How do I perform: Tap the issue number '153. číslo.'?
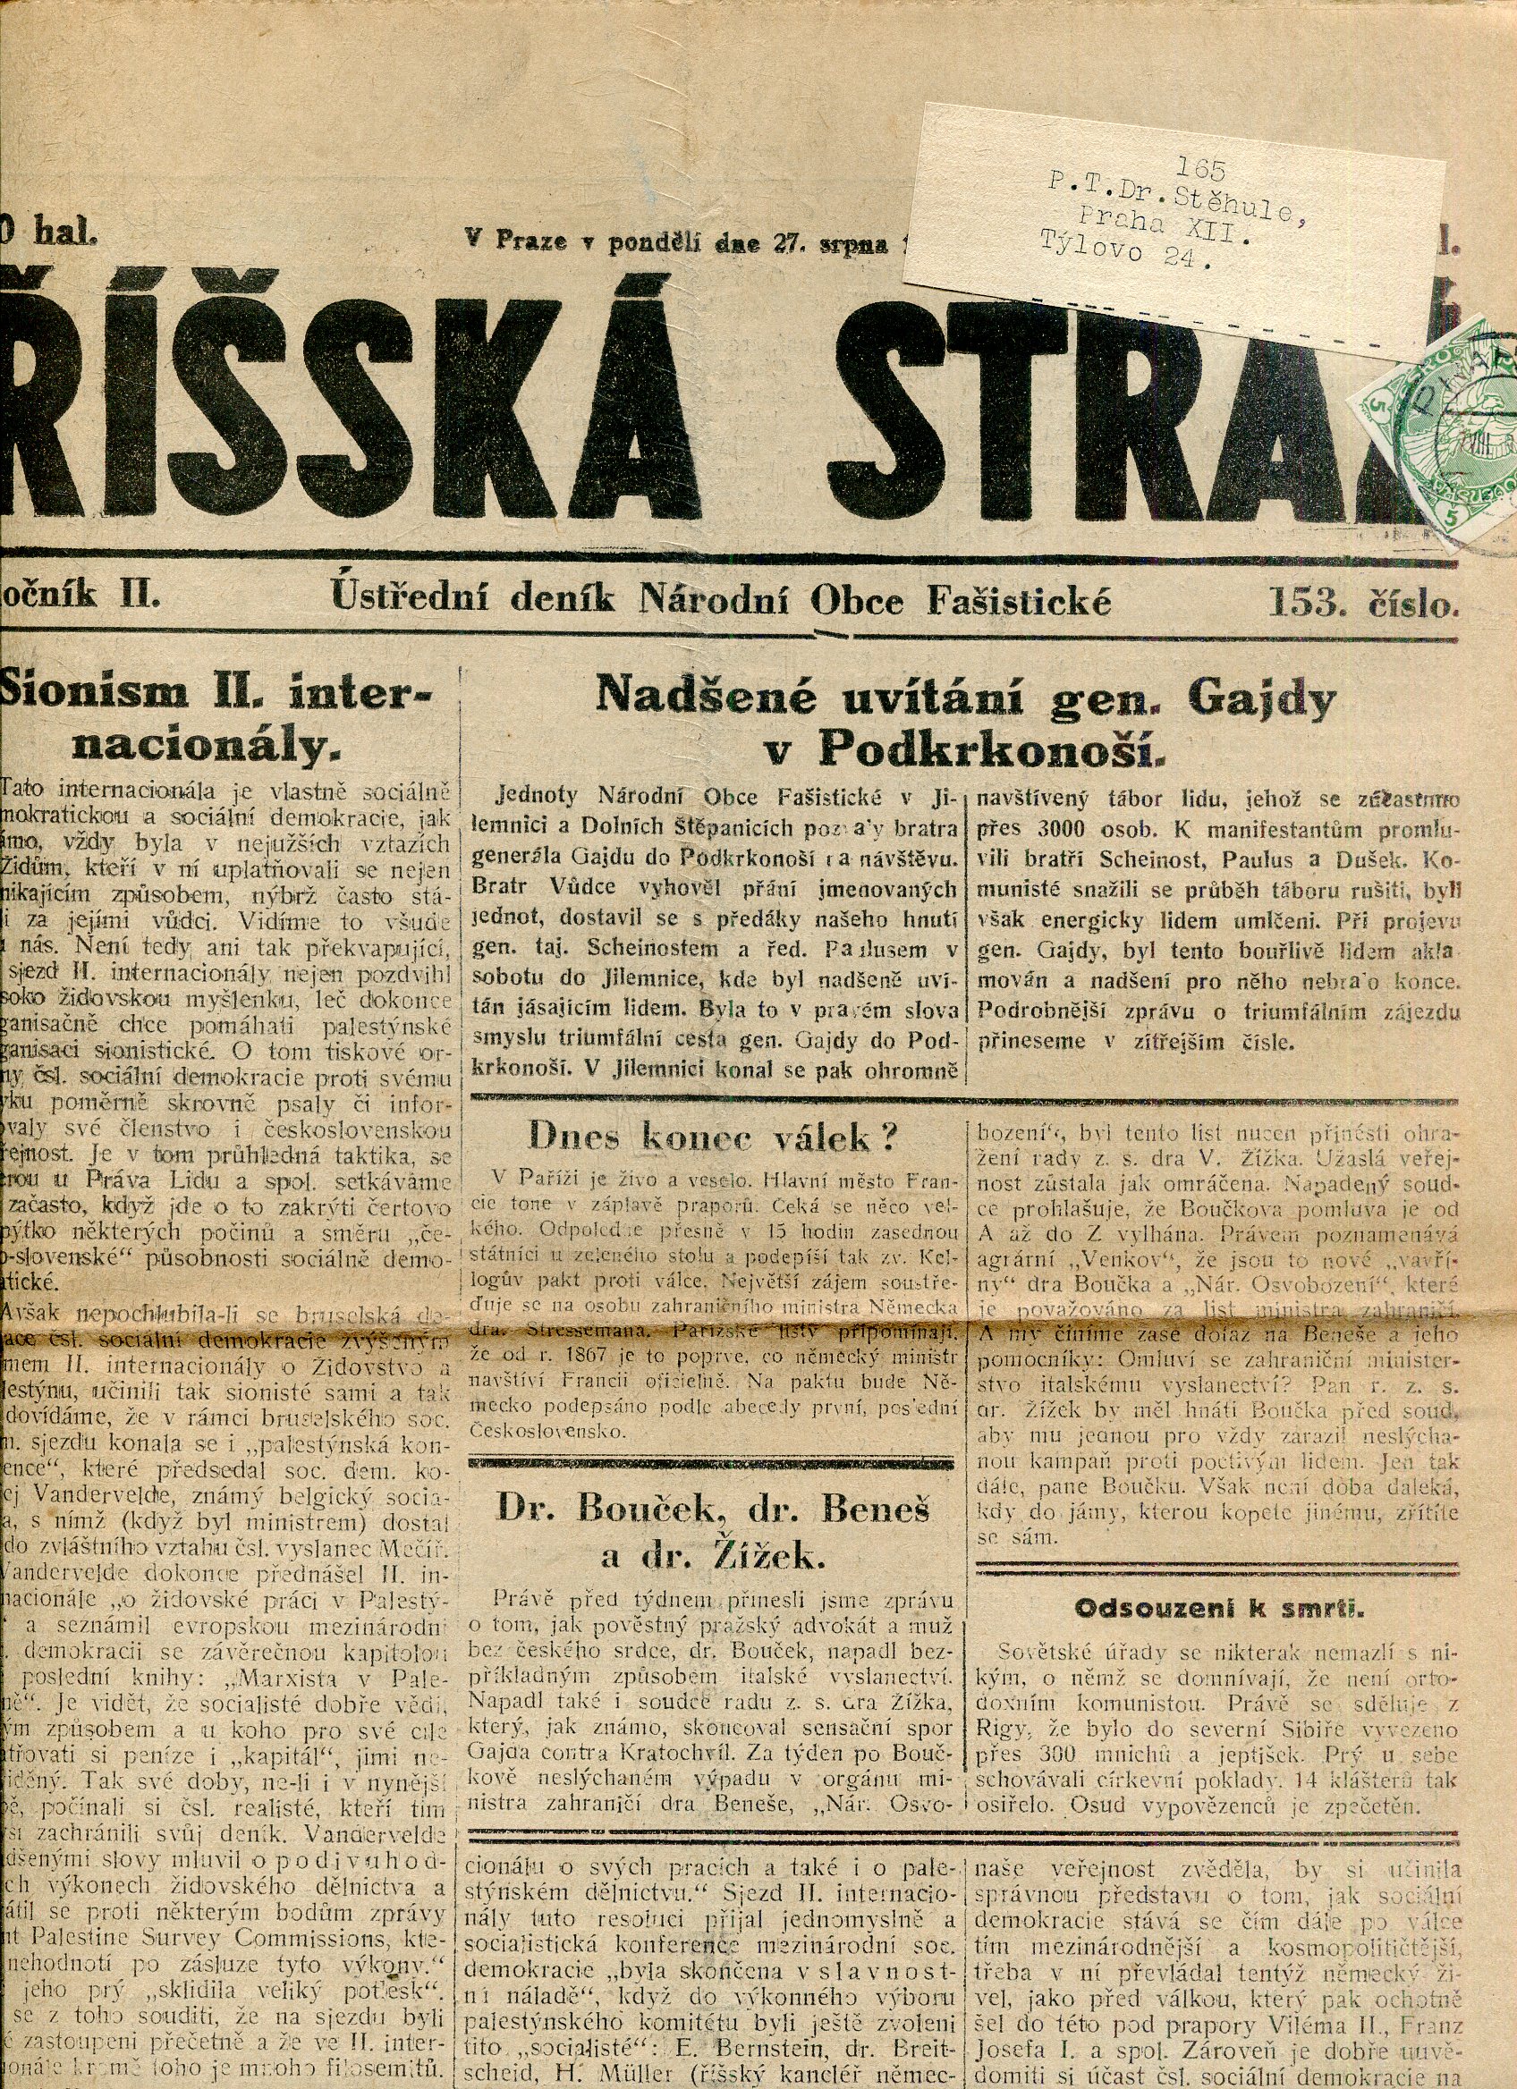coord(1363,603)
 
